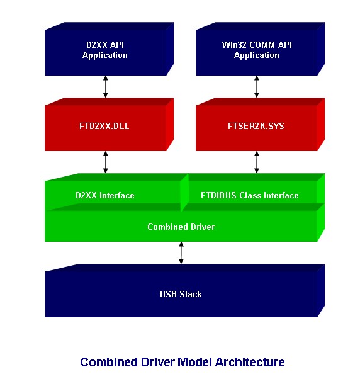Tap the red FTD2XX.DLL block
pos(105,127)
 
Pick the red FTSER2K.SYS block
pos(256,127)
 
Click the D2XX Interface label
pos(104,196)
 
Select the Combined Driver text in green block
pos(181,227)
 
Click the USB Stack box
pos(181,294)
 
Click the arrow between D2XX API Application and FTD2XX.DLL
pos(106,86)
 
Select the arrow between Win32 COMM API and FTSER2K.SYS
pos(257,86)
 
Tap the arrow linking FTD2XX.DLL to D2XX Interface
pos(106,162)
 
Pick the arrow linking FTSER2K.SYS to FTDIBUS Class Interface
pos(257,162)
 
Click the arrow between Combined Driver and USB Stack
pos(181,252)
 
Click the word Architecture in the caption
pos(250,362)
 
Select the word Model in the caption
pos(195,362)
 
